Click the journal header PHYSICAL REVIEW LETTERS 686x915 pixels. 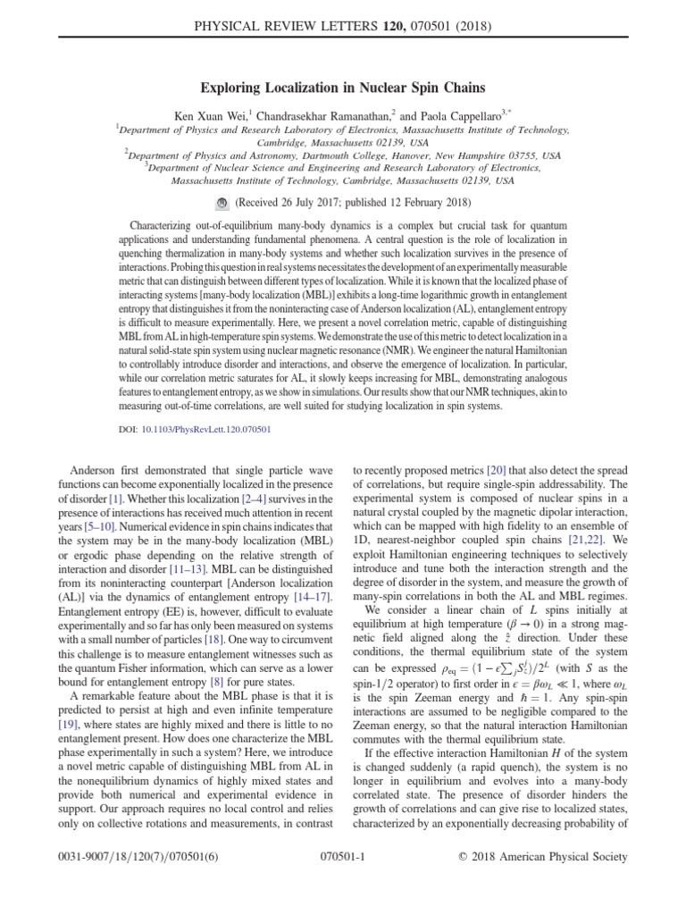tap(295, 15)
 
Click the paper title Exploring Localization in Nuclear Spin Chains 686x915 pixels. tap(343, 88)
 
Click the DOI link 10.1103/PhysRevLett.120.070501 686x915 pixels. tap(206, 429)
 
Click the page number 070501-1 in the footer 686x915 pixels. tap(343, 857)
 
